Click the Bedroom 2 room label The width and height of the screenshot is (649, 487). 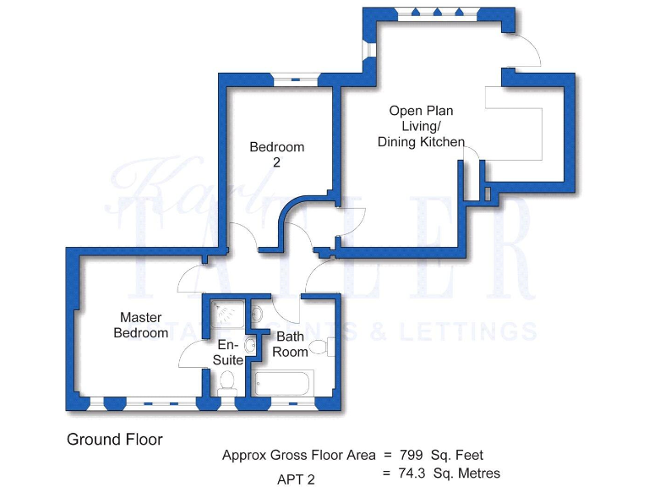(x=276, y=155)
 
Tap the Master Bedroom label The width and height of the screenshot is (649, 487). (x=141, y=326)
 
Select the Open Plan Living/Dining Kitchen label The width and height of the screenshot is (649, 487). (x=421, y=126)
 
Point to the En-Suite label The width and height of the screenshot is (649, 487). (x=228, y=353)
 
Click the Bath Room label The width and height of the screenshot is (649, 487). (x=291, y=344)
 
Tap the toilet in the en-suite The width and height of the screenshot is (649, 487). (x=226, y=385)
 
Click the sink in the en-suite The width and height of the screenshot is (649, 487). (x=249, y=345)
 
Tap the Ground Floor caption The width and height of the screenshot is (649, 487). (x=114, y=440)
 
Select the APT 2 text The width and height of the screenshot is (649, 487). (x=296, y=479)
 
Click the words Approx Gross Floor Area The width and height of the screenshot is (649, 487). (x=298, y=455)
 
